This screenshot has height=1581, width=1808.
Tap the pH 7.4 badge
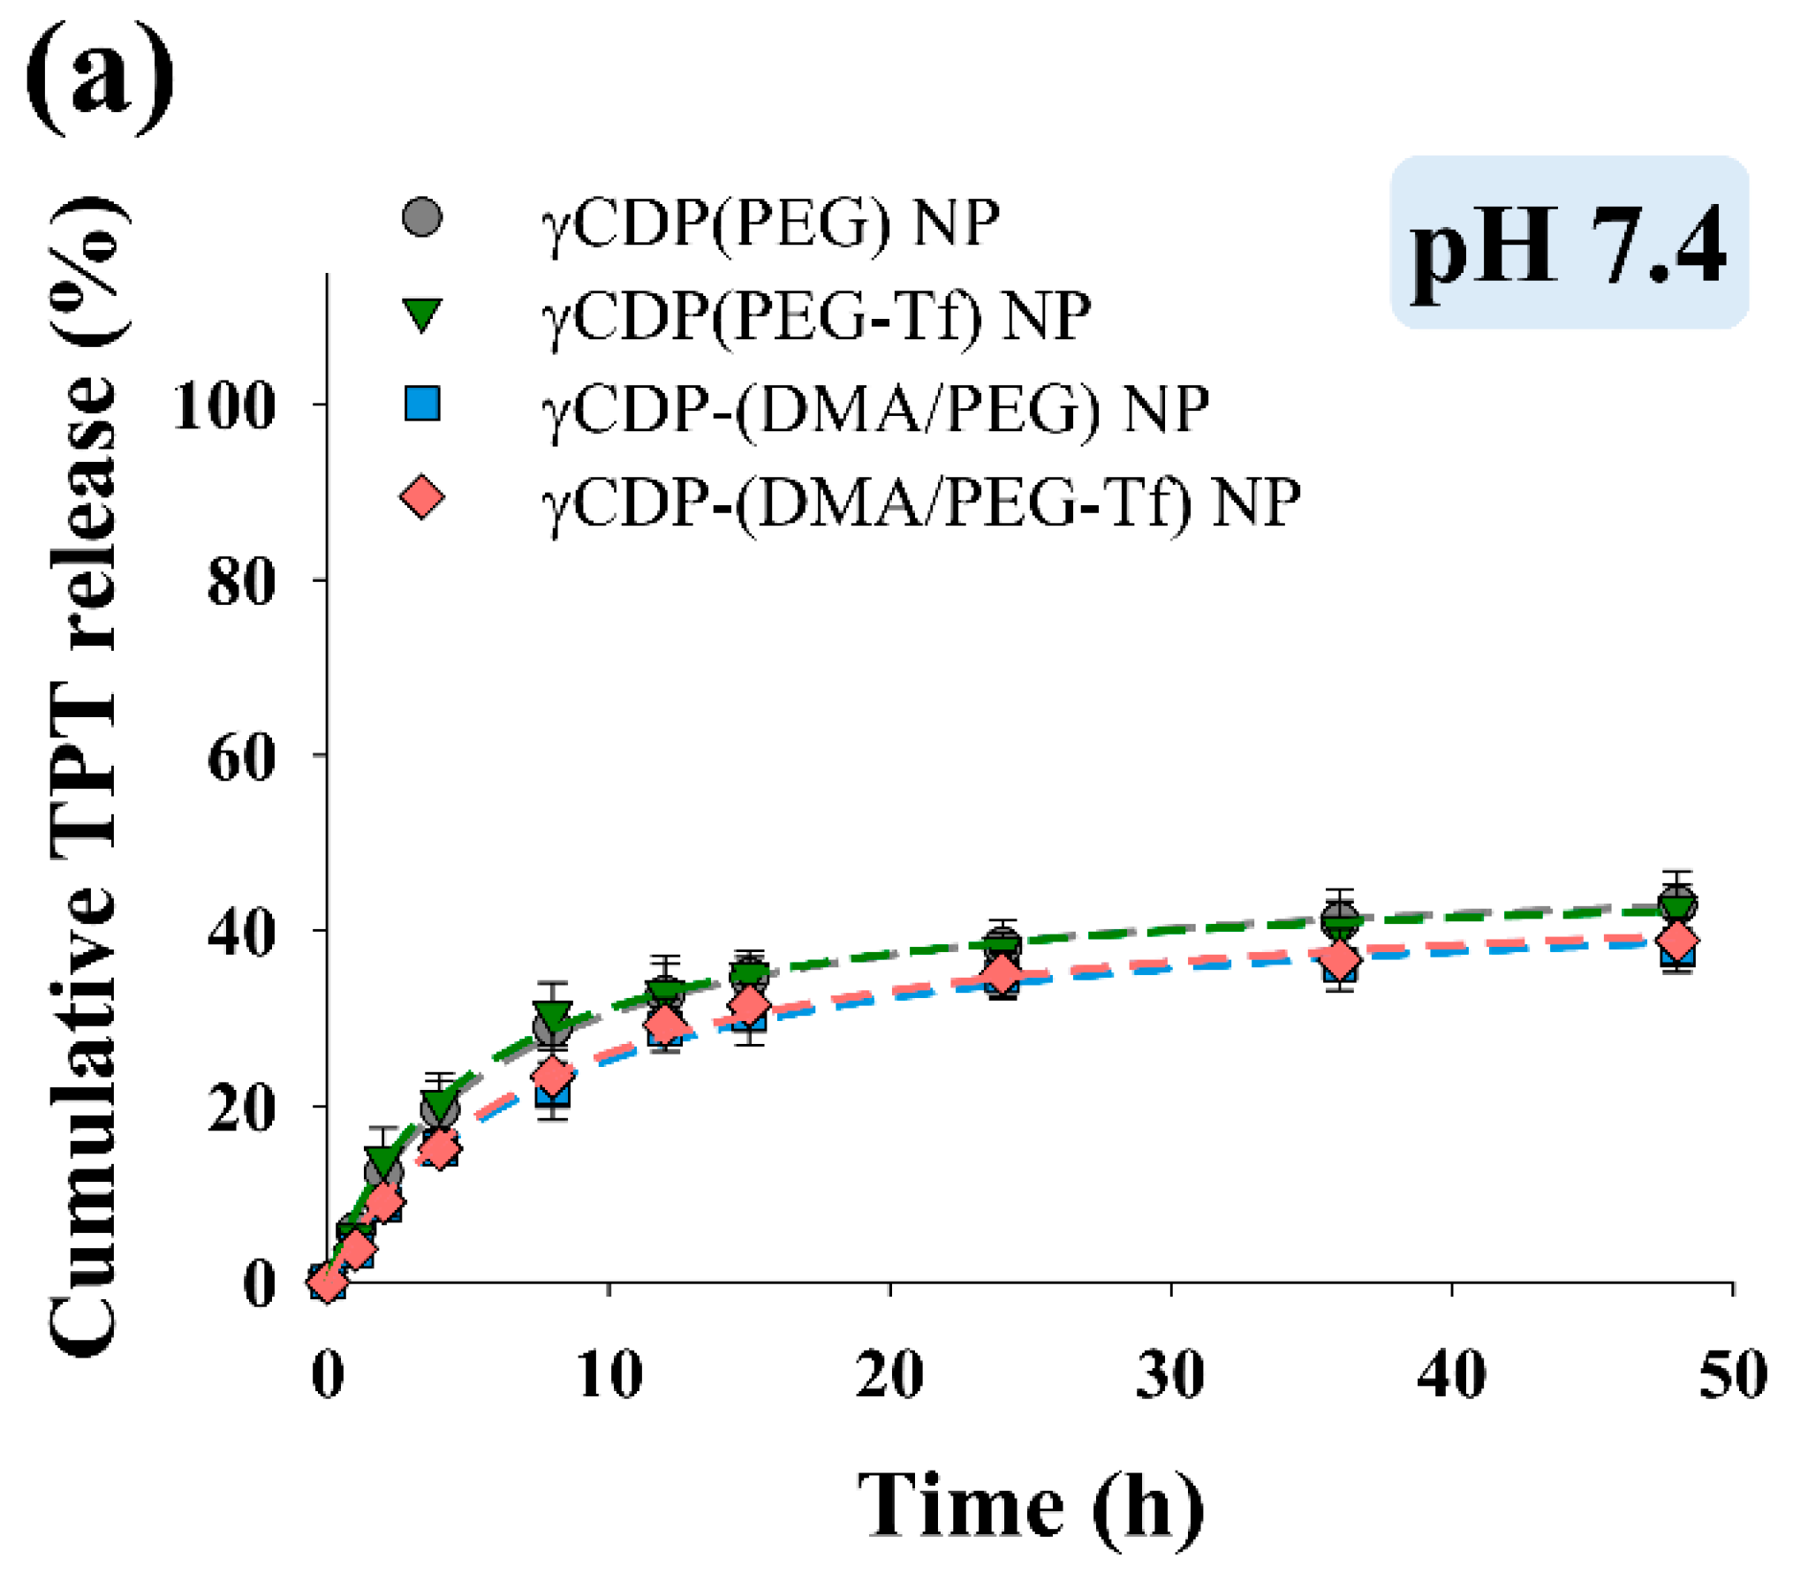click(1569, 243)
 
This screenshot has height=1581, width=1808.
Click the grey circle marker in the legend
click(421, 217)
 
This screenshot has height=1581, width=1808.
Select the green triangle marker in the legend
click(421, 314)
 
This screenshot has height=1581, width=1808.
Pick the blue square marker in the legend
click(421, 404)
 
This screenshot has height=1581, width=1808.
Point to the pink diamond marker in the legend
click(421, 497)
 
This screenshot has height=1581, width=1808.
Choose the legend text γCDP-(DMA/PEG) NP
click(874, 410)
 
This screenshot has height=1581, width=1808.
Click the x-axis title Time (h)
click(1030, 1506)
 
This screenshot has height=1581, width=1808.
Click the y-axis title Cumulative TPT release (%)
click(84, 777)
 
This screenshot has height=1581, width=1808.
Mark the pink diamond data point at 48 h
click(1676, 941)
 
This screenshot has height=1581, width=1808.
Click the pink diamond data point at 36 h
click(1340, 959)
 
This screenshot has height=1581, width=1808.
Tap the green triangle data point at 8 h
click(552, 1016)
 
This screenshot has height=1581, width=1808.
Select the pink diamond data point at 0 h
click(328, 1282)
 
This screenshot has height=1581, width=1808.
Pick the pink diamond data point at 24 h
click(1002, 975)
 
